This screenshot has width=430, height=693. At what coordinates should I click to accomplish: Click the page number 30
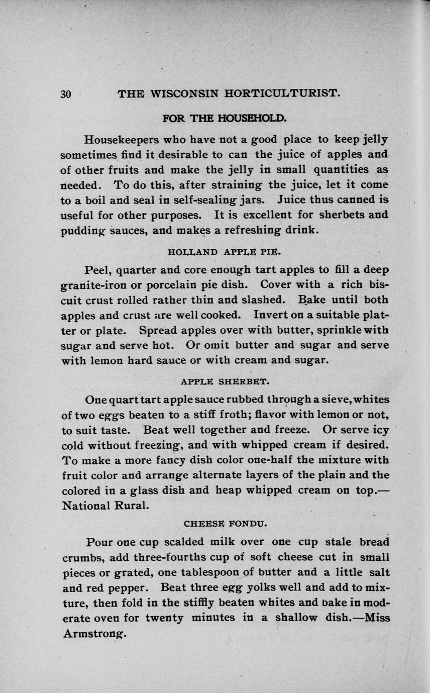(66, 94)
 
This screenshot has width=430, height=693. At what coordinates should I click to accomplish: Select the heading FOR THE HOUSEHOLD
(225, 119)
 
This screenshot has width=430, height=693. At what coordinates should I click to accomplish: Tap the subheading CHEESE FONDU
(226, 523)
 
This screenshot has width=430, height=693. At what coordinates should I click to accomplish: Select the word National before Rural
(87, 505)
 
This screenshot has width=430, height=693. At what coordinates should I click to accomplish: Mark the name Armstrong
(94, 634)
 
